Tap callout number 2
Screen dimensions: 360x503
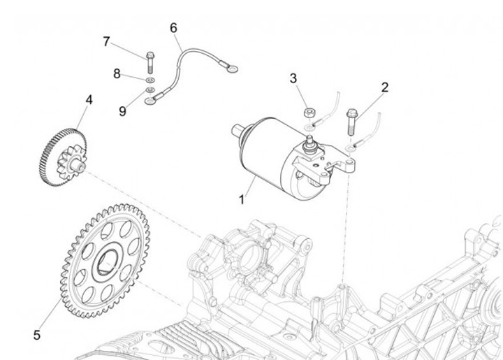[384, 88]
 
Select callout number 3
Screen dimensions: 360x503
[294, 79]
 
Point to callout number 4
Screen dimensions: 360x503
[89, 100]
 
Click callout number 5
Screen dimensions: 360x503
[36, 336]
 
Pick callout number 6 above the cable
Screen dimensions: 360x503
[174, 28]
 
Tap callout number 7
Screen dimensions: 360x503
[106, 41]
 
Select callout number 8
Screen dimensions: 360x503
[117, 73]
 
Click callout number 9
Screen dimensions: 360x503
[123, 110]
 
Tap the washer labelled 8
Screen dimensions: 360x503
[149, 78]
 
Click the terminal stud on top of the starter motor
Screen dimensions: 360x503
[308, 143]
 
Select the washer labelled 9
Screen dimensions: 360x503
[150, 91]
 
